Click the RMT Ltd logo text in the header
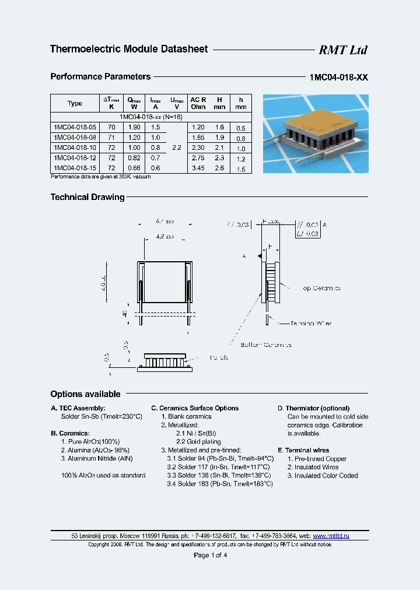point(342,50)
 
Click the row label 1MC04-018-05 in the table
point(74,127)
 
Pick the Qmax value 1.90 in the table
point(134,127)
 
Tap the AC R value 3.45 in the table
point(198,168)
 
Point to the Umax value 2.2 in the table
point(177,148)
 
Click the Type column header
point(75,103)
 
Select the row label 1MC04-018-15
point(74,168)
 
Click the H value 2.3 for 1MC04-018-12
point(219,158)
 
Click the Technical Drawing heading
point(87,197)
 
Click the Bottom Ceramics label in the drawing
point(265,345)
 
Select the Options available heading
point(85,394)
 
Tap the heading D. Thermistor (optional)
point(313,408)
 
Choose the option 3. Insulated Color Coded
point(322,476)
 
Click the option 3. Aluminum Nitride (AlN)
point(97,459)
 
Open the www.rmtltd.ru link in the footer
point(331,536)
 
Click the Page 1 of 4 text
point(210,555)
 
